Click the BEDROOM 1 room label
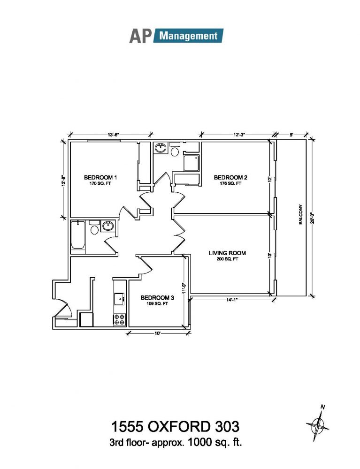point(100,177)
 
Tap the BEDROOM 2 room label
point(230,177)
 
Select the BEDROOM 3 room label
point(157,298)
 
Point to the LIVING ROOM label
point(227,253)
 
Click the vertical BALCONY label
point(301,214)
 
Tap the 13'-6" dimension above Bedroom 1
point(114,135)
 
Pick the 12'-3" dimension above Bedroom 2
point(239,135)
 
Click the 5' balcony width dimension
point(291,135)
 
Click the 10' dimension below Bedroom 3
point(157,333)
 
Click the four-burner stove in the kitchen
point(119,319)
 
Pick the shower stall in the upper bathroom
point(191,163)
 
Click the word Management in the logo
point(188,36)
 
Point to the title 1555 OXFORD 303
point(176,426)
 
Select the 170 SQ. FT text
point(100,183)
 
